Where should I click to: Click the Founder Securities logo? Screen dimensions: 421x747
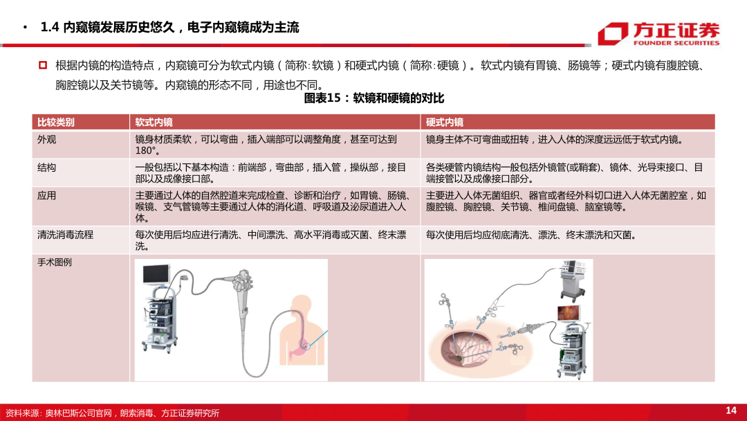pos(658,33)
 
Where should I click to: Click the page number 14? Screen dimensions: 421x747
pos(731,411)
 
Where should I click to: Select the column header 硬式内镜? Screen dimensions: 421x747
pos(444,122)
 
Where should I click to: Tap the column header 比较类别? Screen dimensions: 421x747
pos(56,122)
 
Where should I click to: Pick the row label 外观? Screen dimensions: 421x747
pos(46,139)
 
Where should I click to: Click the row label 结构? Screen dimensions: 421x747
pos(46,168)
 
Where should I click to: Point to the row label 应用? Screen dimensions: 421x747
pos(46,196)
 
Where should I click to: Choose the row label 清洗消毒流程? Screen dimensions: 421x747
pos(65,235)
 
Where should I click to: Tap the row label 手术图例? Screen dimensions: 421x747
pos(55,262)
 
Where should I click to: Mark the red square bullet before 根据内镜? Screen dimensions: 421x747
pos(42,65)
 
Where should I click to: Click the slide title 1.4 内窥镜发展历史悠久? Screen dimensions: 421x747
pos(170,28)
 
